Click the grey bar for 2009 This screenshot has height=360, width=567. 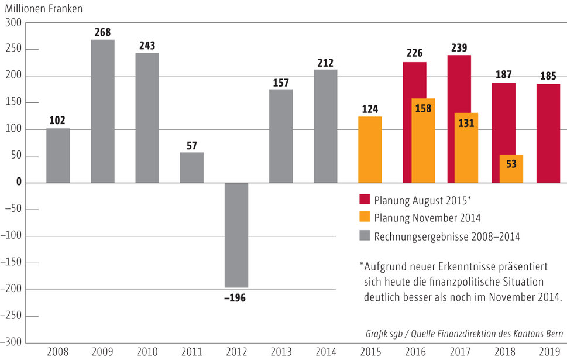coord(102,111)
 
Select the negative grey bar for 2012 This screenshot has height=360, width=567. coord(236,235)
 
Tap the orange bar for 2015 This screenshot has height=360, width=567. coord(370,149)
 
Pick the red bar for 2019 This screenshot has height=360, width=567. coord(548,133)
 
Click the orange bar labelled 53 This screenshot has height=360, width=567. coord(511,169)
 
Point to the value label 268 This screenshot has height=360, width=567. coord(102,32)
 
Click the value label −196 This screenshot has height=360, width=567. coord(235,298)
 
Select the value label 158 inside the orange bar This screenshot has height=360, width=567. coord(423,108)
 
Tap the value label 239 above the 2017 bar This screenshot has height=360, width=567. coord(459,47)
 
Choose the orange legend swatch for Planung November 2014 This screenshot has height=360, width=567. coord(365,218)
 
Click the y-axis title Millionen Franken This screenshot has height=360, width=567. coord(45,9)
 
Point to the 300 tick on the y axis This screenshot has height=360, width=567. coord(13,22)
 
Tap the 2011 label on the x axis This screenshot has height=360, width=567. coord(191,352)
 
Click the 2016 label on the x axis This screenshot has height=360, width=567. coord(414,352)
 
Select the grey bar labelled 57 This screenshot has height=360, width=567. coord(191,167)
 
